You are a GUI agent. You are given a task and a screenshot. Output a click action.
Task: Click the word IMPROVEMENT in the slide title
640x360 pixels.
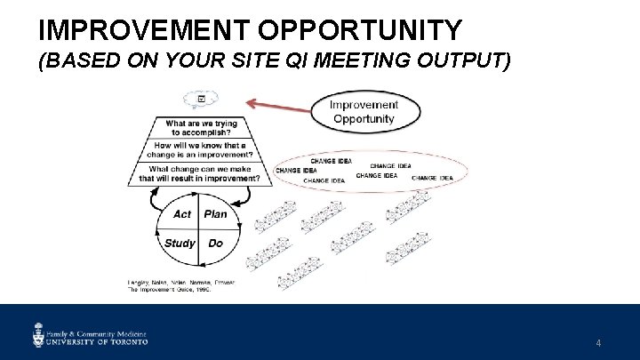[148, 30]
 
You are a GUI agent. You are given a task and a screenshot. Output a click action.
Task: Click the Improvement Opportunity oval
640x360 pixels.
[364, 111]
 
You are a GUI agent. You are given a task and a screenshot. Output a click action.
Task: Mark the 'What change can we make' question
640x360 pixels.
[199, 173]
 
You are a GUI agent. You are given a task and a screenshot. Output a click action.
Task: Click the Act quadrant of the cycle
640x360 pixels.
[181, 214]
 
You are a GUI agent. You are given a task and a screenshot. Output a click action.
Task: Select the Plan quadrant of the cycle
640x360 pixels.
[216, 214]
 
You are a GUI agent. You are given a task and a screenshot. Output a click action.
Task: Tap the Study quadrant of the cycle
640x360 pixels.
[180, 243]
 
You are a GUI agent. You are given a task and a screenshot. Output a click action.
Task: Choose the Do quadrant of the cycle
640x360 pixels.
[215, 243]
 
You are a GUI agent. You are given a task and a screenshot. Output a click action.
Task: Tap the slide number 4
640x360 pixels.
[598, 342]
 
